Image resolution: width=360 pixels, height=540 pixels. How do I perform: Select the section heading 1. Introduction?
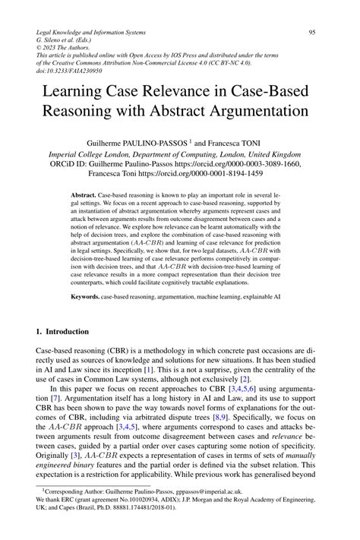tap(62, 332)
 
